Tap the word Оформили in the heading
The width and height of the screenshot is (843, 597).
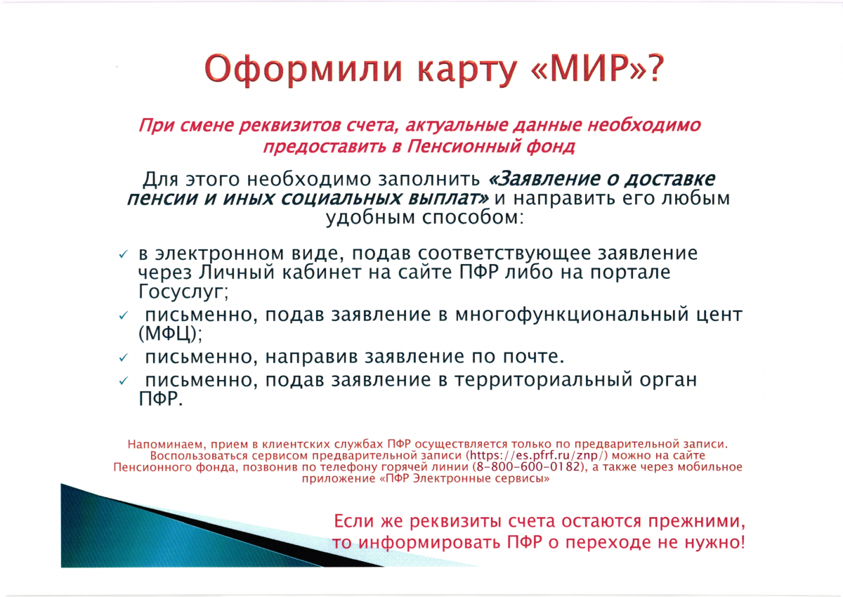tap(303, 70)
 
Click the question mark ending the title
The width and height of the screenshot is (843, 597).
tap(653, 67)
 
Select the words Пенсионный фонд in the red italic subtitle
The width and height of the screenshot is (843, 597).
tap(491, 146)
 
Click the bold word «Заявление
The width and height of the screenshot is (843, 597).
tap(544, 179)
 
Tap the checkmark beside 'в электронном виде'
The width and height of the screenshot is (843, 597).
tap(124, 255)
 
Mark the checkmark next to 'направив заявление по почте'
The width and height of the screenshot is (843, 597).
tap(124, 357)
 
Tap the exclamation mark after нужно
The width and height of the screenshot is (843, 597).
tap(742, 542)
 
